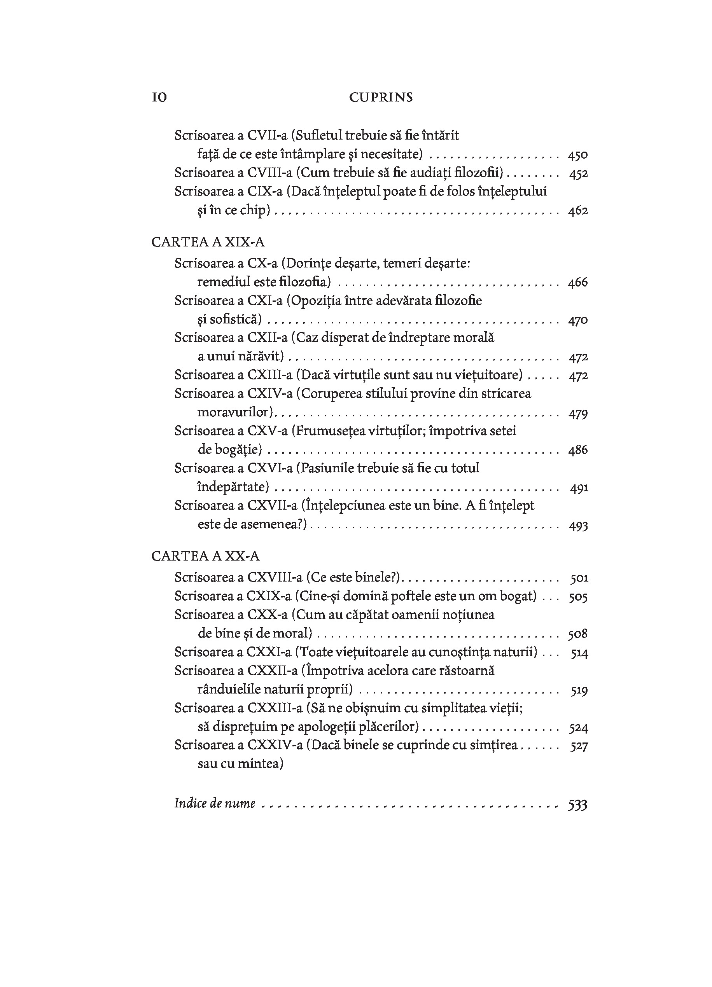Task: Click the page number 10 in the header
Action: coord(159,98)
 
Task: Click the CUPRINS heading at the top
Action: coord(381,98)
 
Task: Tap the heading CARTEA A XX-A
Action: coord(205,556)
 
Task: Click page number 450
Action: coord(577,155)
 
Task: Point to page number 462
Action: coord(577,211)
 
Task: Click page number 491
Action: coord(579,488)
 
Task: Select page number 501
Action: coord(579,578)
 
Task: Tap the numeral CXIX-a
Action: coord(269,596)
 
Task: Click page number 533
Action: coord(577,805)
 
